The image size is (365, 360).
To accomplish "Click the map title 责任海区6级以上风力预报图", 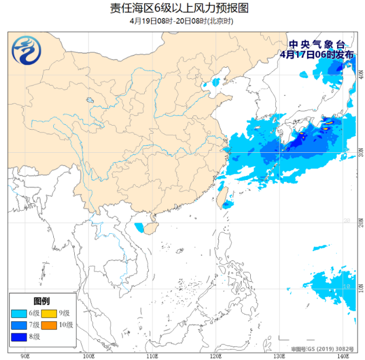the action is (x=183, y=8).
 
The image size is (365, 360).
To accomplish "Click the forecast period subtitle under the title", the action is (x=183, y=21).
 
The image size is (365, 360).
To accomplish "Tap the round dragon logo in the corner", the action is (x=27, y=50).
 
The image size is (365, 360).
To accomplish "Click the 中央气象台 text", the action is (x=316, y=45).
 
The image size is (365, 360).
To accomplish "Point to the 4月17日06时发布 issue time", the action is (x=316, y=54).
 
